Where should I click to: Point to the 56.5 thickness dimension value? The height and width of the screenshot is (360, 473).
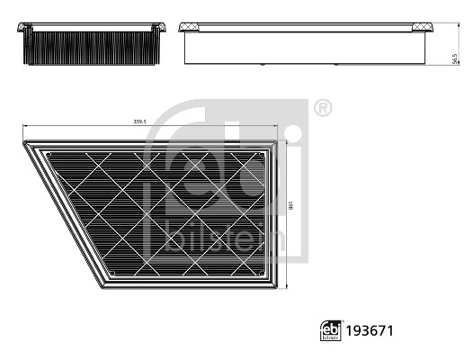[x=454, y=58]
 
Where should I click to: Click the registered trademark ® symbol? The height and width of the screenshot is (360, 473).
[x=322, y=109]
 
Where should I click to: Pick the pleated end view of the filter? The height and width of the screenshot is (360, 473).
[x=95, y=45]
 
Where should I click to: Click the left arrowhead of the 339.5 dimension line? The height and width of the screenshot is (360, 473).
[x=25, y=128]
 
